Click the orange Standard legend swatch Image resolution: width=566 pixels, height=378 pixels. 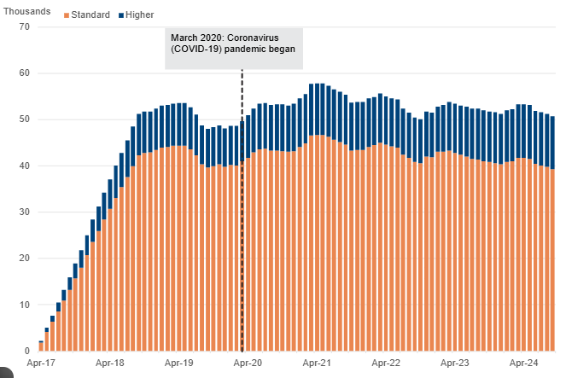click(x=66, y=15)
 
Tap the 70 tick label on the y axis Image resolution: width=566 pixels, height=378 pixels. click(x=24, y=27)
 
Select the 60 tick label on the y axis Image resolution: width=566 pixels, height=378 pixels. click(x=24, y=73)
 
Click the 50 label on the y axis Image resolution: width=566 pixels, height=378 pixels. click(x=24, y=119)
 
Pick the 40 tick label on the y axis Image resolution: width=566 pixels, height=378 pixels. click(x=24, y=166)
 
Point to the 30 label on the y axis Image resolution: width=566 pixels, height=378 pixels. click(x=24, y=212)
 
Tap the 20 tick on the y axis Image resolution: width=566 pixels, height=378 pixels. click(x=24, y=258)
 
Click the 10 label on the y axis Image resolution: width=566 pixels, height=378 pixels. click(x=24, y=305)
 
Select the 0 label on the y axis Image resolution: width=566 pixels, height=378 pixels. click(x=26, y=351)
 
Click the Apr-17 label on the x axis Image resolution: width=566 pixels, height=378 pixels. click(x=41, y=363)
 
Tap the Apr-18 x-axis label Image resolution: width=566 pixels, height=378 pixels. click(x=109, y=363)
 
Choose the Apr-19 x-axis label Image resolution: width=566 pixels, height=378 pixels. click(x=178, y=363)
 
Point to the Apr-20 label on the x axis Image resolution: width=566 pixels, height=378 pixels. click(x=248, y=363)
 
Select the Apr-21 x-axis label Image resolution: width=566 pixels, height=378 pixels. click(x=317, y=363)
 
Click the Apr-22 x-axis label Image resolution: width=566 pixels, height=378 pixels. click(x=386, y=363)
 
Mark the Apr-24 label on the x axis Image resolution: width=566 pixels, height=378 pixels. click(x=523, y=363)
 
